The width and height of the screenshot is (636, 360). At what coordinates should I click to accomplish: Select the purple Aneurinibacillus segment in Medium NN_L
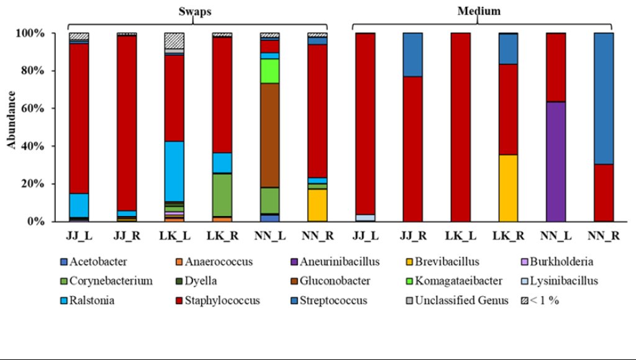(556, 161)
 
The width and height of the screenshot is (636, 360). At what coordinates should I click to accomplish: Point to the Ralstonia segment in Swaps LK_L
(174, 171)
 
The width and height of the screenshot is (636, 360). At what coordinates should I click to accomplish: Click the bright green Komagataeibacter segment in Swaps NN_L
(270, 71)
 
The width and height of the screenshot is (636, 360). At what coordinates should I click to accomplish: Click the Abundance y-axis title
(12, 119)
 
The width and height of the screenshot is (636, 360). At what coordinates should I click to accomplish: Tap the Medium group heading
(478, 11)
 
